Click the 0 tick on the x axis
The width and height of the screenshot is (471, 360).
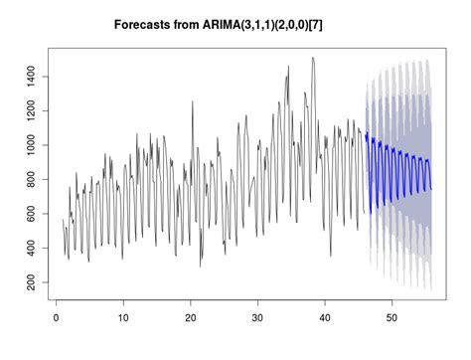click(56, 319)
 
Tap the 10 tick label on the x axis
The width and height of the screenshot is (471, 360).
click(123, 319)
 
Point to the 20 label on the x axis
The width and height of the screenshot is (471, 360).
click(191, 319)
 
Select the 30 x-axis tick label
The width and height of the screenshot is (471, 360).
click(258, 319)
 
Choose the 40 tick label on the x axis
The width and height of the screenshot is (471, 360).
click(326, 319)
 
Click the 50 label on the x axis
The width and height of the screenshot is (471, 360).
click(393, 319)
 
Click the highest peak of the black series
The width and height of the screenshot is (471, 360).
click(313, 58)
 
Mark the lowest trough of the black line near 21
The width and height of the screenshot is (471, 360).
click(200, 266)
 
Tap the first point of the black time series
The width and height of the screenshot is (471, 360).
click(63, 220)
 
